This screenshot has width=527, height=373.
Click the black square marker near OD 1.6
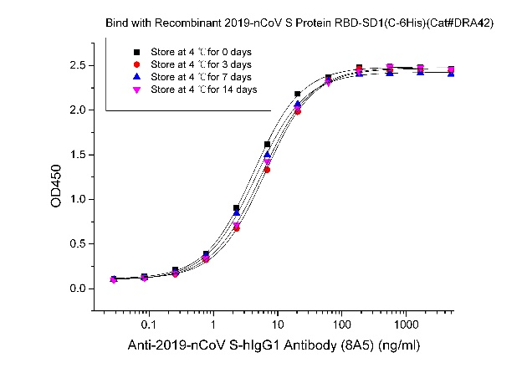pos(267,145)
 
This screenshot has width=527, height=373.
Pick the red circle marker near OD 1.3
pos(267,170)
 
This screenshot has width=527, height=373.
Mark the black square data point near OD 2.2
pos(298,95)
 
